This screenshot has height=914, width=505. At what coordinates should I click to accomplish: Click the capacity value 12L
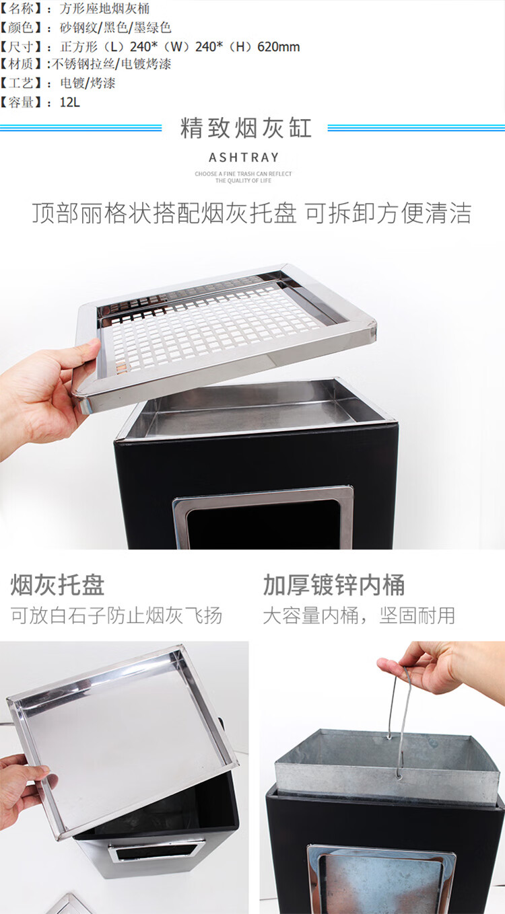point(70,102)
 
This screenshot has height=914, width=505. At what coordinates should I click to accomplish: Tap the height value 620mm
point(279,47)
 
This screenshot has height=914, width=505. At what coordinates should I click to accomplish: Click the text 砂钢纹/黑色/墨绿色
point(116,28)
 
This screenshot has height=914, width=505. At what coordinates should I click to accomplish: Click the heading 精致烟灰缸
point(246,128)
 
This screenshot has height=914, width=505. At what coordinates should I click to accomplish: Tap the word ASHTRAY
point(244,157)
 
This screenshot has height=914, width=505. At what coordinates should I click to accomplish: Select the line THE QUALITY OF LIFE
point(244,181)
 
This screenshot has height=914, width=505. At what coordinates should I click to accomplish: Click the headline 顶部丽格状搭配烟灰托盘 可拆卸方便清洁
point(252,213)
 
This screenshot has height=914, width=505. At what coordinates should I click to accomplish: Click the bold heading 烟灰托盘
point(57,584)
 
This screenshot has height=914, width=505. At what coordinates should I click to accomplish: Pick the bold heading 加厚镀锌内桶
point(334,584)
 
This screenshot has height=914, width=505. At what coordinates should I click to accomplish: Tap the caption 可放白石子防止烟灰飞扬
point(116,615)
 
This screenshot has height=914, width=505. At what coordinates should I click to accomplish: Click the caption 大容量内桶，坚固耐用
point(359,615)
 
